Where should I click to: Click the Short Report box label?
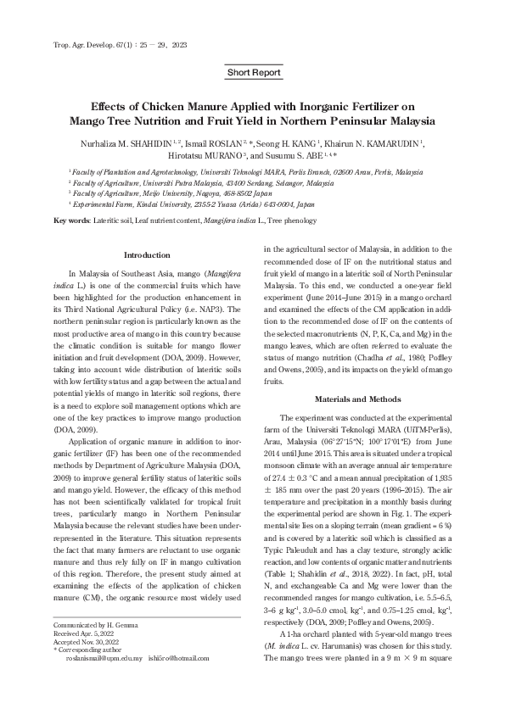coord(253,73)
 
